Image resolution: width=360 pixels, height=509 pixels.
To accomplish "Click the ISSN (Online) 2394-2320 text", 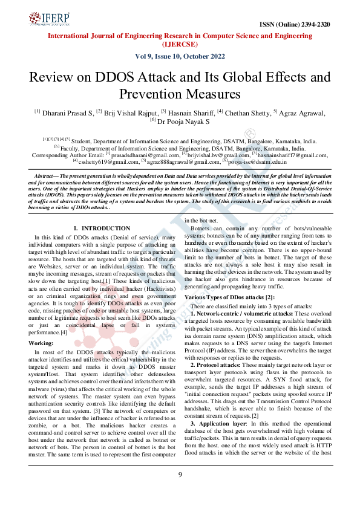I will (294, 25).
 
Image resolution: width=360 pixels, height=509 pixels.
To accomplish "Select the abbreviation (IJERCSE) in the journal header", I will (180, 44).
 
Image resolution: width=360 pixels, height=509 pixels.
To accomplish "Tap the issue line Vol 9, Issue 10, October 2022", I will (180, 57).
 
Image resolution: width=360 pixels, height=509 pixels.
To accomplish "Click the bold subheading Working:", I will (41, 342).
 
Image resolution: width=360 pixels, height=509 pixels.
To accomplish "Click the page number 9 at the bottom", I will (180, 491).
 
